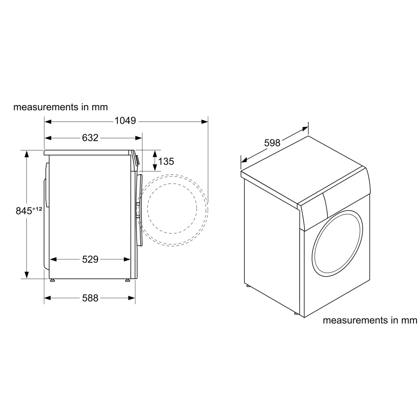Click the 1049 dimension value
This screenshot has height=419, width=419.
point(125,121)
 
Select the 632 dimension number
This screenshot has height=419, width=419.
point(90,138)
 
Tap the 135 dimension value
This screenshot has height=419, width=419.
point(166,161)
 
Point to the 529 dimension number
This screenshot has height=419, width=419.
point(90,259)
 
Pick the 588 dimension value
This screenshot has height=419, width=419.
point(90,298)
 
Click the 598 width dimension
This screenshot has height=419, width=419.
point(272,143)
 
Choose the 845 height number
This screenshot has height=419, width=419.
point(24,211)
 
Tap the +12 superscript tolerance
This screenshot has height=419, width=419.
point(37,209)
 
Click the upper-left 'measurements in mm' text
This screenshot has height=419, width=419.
point(61,107)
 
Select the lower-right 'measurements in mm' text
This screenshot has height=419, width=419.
point(370,320)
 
